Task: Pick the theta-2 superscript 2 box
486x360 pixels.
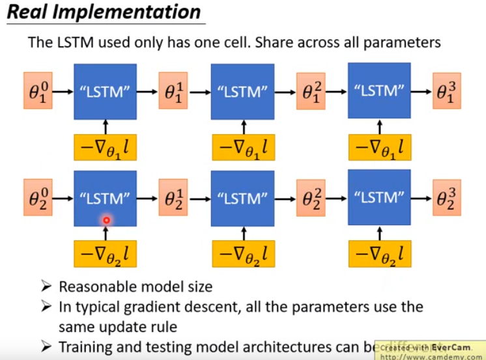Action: [311, 197]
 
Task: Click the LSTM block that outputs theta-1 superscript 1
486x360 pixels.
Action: [106, 92]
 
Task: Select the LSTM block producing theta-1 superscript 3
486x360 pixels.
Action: [379, 92]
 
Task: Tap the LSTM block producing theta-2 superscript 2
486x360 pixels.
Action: [242, 197]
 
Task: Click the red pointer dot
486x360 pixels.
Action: [106, 221]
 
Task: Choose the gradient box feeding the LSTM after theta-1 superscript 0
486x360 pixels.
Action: [106, 149]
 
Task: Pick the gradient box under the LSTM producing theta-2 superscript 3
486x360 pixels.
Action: [379, 254]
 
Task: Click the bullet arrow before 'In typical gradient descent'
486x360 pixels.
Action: [46, 307]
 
